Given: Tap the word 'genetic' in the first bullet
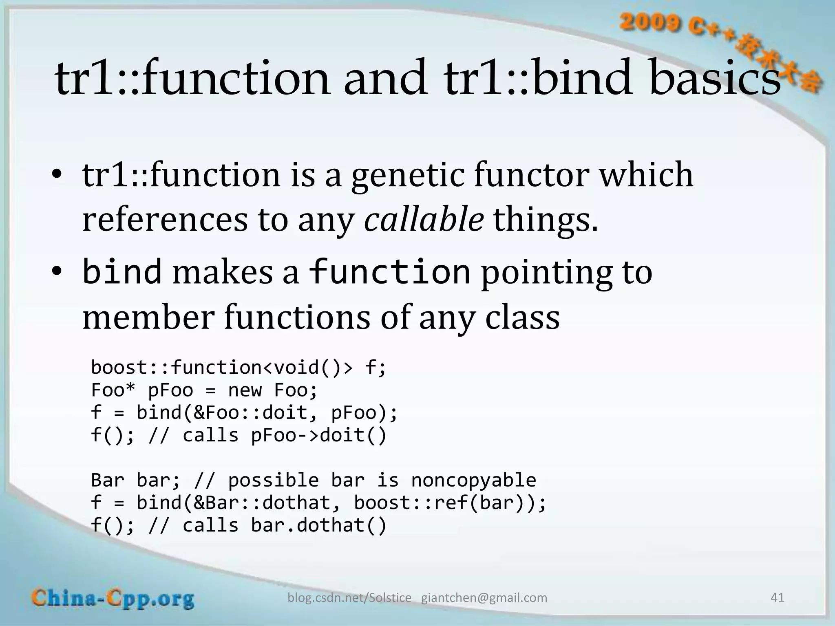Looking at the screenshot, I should [x=408, y=175].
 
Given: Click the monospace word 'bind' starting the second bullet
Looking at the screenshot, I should [x=122, y=272].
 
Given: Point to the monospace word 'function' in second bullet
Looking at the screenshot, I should [x=390, y=272].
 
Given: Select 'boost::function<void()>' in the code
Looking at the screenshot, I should [x=222, y=368].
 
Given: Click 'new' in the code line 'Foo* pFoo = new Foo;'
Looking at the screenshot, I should [x=245, y=390].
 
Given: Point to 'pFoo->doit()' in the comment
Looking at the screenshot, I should [x=318, y=435].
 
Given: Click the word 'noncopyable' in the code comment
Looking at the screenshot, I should [x=473, y=480].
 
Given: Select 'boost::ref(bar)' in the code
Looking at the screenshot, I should [x=444, y=503].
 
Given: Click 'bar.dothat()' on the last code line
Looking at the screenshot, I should [x=318, y=525].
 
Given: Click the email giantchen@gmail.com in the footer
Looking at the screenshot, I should [x=484, y=598].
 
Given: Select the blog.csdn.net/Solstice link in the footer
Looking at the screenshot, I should [x=349, y=598].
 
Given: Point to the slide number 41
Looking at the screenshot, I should [x=777, y=597].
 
